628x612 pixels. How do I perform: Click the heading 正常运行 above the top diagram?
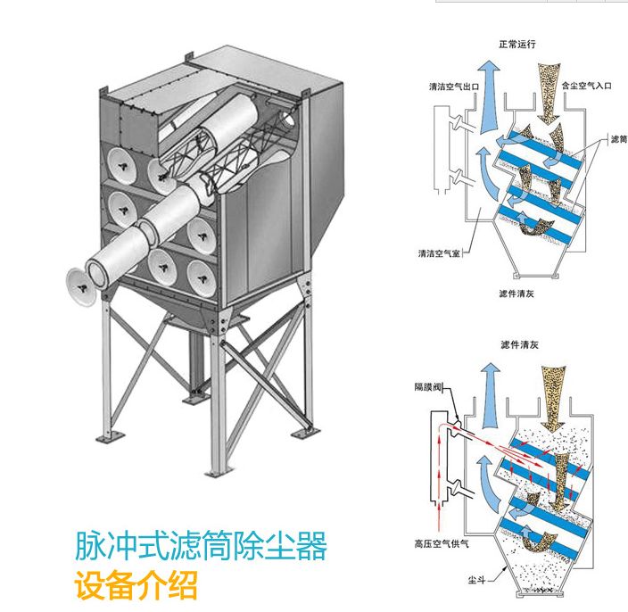point(517,42)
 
